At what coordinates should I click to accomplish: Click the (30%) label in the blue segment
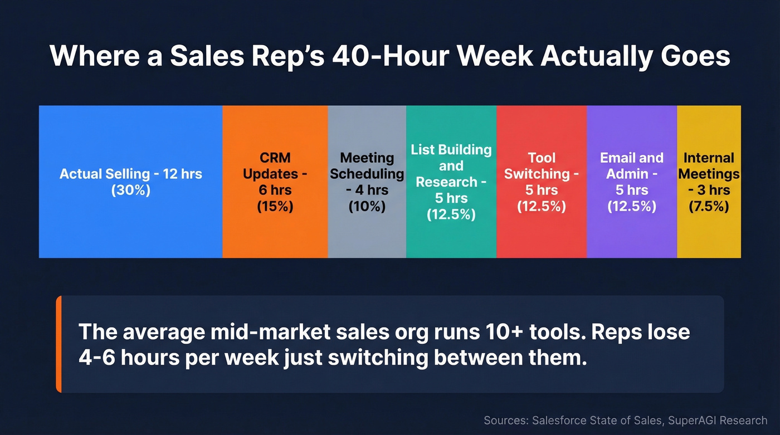(x=131, y=189)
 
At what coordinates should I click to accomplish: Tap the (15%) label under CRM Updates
(x=275, y=206)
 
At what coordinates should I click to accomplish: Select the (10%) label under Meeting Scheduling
(x=367, y=206)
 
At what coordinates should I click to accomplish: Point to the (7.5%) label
(x=709, y=206)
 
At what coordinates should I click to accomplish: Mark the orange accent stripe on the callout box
(x=58, y=344)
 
